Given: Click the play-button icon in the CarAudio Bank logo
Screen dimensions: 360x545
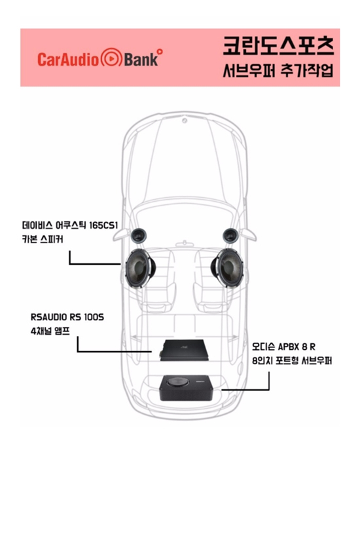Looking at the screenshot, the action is [111, 58].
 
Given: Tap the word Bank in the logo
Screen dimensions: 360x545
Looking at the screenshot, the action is [141, 59].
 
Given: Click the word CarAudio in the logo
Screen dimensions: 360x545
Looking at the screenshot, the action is [68, 59].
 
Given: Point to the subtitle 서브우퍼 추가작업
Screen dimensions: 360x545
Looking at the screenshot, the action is [278, 71].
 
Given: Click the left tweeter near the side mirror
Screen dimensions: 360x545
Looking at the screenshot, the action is [139, 236].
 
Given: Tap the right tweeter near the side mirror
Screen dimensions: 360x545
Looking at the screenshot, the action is [230, 236].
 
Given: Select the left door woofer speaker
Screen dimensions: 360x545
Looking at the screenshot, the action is [140, 269].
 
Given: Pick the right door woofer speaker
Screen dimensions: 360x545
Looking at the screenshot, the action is [227, 268].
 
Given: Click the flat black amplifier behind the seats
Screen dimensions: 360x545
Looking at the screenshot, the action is [185, 350].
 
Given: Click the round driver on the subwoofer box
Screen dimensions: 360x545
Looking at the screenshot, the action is [178, 382].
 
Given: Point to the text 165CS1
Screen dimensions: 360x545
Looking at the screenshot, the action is [103, 225].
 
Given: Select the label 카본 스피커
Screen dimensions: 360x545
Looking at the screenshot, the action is [43, 240].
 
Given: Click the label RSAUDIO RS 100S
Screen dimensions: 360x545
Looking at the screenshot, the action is [67, 317].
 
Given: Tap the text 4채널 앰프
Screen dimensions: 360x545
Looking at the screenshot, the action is [50, 331].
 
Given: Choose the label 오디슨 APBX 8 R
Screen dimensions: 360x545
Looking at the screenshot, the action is [284, 347].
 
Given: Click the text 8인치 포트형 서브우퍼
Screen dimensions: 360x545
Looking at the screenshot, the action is [292, 360].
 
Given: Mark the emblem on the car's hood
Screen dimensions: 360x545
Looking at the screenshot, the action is [185, 121].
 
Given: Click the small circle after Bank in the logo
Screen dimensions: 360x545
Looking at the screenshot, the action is [160, 52].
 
